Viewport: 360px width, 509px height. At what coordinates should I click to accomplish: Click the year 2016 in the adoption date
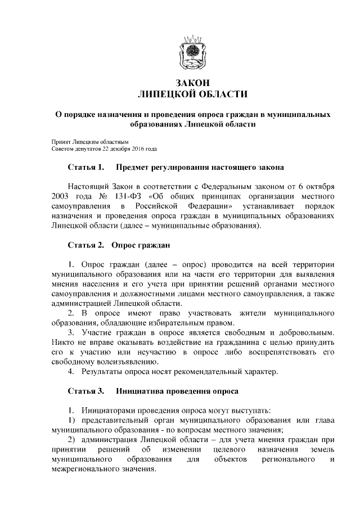coord(137,150)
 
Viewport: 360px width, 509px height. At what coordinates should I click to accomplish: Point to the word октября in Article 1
coord(319,186)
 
